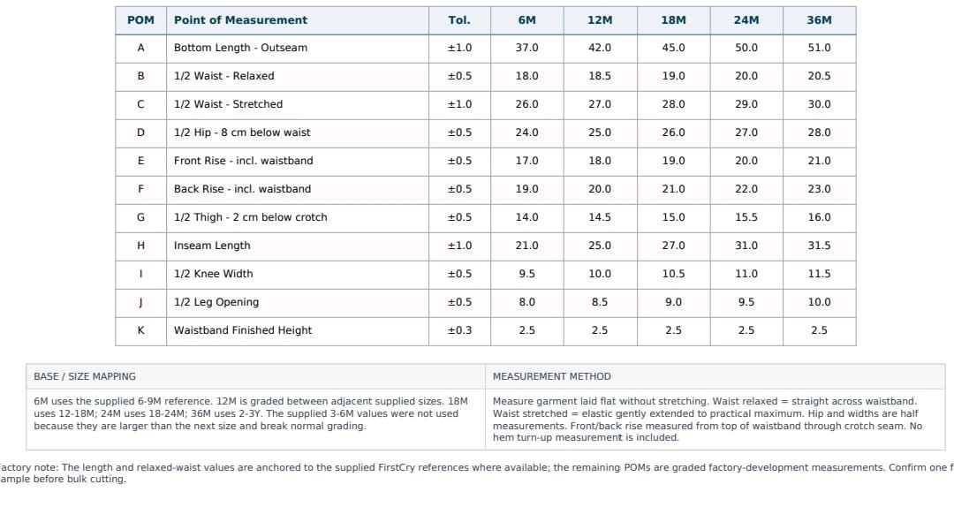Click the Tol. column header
coord(459,20)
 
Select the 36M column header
coord(819,20)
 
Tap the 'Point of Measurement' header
coord(240,20)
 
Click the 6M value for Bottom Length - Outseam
coord(526,48)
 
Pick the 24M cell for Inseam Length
coord(746,246)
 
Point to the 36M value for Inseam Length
coord(819,246)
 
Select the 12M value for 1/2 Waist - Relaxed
coord(600,76)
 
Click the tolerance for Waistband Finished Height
coord(459,330)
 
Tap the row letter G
coord(140,217)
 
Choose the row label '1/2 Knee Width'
coord(214,274)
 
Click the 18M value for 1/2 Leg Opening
coord(673,302)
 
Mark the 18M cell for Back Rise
coord(673,189)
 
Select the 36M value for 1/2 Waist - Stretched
coord(819,104)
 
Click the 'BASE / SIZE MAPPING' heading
coord(85,377)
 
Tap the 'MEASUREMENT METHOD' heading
coord(552,377)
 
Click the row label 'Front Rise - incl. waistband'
coord(244,161)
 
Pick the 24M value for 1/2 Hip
coord(746,132)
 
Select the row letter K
coord(140,330)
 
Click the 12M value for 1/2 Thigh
coord(600,217)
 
